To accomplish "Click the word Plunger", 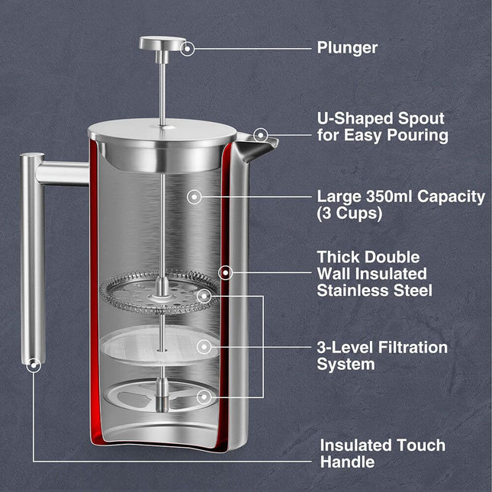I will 347,47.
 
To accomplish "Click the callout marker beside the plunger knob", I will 188,47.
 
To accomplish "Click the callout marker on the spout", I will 261,135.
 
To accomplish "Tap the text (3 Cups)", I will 349,214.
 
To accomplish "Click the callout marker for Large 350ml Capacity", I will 195,197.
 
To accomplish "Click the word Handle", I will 347,461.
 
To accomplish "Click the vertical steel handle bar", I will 31,259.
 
